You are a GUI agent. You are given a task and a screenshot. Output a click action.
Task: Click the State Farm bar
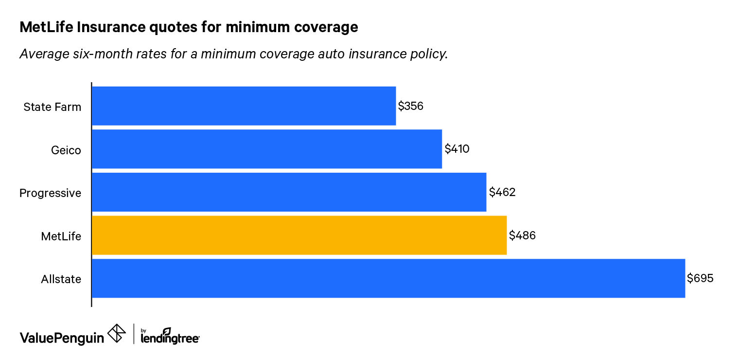(244, 106)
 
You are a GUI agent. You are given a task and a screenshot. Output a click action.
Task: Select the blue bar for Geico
(267, 149)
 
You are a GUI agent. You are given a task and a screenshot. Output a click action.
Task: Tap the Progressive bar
(289, 192)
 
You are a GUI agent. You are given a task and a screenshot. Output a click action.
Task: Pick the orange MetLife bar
(299, 235)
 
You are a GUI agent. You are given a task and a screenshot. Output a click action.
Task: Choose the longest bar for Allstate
(388, 278)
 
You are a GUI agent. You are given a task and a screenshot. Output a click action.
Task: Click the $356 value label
(411, 106)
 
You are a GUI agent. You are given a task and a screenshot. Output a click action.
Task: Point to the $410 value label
(457, 149)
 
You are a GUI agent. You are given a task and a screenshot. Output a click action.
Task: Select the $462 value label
(502, 192)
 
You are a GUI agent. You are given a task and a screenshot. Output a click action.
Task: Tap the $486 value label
(522, 235)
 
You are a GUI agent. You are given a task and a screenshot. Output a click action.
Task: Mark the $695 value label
(700, 278)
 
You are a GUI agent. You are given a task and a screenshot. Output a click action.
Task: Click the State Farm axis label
(53, 107)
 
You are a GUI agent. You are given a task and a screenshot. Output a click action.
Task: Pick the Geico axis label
(66, 150)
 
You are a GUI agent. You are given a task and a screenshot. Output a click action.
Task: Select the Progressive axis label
(50, 193)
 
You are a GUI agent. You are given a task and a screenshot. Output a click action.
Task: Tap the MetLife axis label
(61, 236)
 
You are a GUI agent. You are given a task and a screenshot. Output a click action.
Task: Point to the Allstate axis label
(61, 279)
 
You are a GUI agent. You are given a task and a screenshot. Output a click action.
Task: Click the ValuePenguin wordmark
(62, 337)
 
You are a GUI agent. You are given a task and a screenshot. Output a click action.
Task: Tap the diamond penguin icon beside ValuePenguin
(117, 334)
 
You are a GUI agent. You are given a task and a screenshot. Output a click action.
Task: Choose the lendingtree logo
(170, 336)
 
